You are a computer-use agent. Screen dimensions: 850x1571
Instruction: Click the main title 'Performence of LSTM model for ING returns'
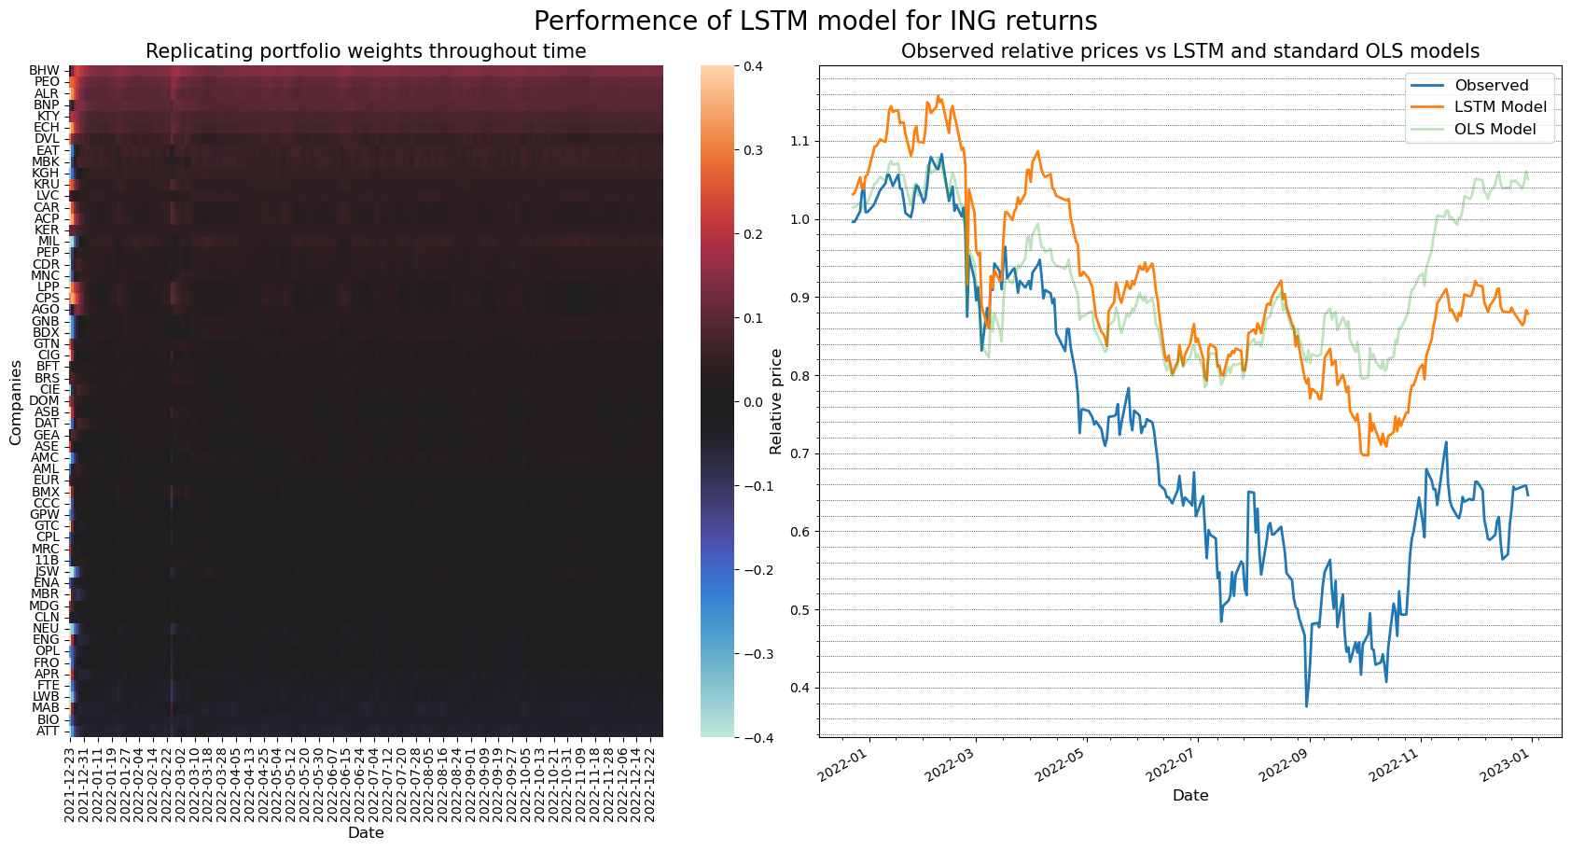pyautogui.click(x=814, y=21)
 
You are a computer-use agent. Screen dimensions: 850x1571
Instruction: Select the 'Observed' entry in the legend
pyautogui.click(x=1491, y=85)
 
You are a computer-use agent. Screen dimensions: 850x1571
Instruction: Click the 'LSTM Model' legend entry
pyautogui.click(x=1499, y=107)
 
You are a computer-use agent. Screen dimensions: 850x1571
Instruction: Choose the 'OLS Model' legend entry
pyautogui.click(x=1495, y=129)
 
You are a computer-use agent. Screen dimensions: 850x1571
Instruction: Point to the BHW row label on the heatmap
pyautogui.click(x=44, y=71)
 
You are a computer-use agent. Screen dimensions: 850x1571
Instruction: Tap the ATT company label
pyautogui.click(x=48, y=731)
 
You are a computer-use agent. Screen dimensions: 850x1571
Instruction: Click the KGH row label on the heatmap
pyautogui.click(x=45, y=173)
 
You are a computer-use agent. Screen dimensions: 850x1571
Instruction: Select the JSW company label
pyautogui.click(x=47, y=571)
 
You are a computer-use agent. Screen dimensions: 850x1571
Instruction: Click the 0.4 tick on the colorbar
pyautogui.click(x=752, y=66)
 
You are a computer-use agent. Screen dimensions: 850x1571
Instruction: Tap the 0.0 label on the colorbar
pyautogui.click(x=752, y=402)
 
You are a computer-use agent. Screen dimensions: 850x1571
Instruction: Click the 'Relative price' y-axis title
pyautogui.click(x=776, y=401)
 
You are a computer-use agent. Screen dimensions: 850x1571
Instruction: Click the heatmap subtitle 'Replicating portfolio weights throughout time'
pyautogui.click(x=366, y=51)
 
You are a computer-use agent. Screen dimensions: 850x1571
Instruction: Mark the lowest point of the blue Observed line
pyautogui.click(x=1306, y=706)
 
